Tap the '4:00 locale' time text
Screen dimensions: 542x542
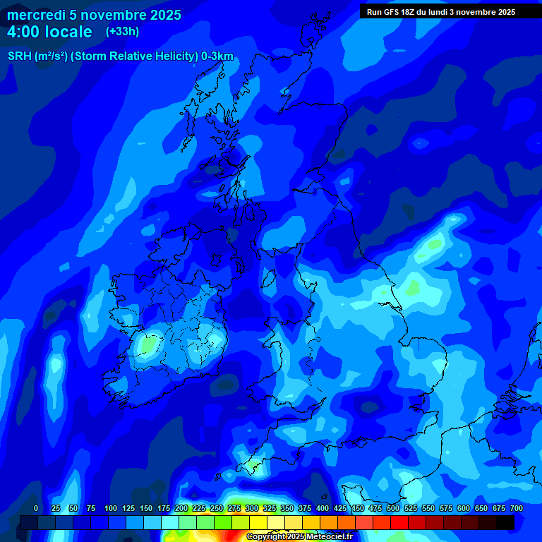click(x=49, y=32)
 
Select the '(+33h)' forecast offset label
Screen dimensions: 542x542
click(x=122, y=32)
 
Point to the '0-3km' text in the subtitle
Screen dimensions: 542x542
click(x=217, y=56)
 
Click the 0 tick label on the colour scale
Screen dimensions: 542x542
click(x=36, y=508)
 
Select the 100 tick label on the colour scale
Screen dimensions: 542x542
click(x=111, y=508)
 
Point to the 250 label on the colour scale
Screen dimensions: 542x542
click(x=217, y=508)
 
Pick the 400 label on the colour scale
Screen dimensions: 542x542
click(x=323, y=508)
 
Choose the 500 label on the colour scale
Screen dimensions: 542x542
click(x=393, y=508)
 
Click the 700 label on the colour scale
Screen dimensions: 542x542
click(x=517, y=508)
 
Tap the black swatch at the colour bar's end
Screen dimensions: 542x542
click(x=505, y=522)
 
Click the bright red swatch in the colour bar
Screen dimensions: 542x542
click(x=399, y=522)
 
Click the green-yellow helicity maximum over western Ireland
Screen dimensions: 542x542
click(x=147, y=345)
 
